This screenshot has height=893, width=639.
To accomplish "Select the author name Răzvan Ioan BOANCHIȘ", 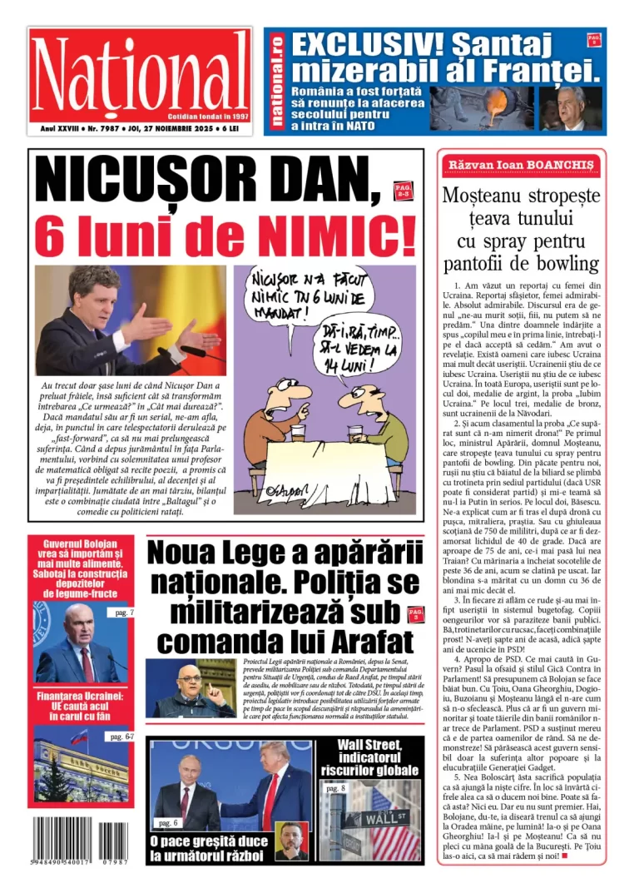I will tap(522, 165).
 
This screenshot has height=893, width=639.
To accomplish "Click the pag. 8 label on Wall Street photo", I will tap(334, 787).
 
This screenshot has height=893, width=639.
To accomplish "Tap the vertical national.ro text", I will tap(276, 81).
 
